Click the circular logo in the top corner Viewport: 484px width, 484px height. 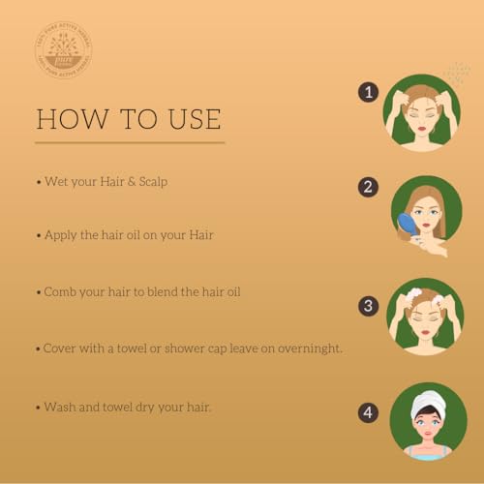(62, 50)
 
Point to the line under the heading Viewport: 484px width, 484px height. (130, 143)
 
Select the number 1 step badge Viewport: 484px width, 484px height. (367, 92)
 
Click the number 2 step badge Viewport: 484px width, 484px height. (367, 188)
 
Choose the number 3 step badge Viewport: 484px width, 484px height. (367, 306)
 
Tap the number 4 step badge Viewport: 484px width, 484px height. (367, 412)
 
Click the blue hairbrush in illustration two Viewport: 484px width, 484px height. (408, 225)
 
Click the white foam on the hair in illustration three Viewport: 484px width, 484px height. (414, 293)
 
